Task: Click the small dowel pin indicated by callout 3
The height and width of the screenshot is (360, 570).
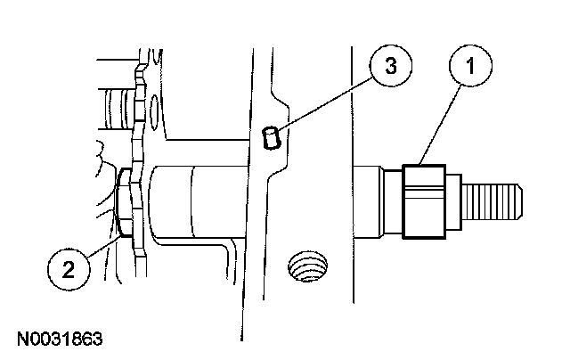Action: point(274,138)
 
